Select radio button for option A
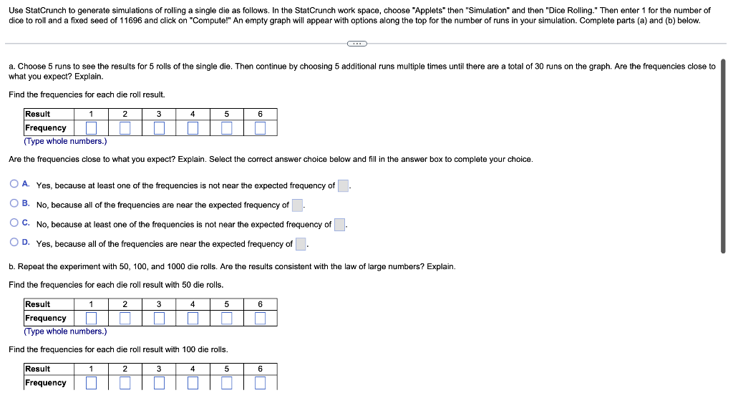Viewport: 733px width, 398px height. (14, 185)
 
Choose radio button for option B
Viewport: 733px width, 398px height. (14, 204)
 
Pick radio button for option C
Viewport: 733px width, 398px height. (14, 223)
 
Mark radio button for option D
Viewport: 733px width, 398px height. (14, 243)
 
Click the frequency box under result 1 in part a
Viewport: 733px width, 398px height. (91, 128)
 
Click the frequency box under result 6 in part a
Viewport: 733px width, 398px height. (260, 128)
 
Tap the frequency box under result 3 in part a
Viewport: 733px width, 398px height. (159, 128)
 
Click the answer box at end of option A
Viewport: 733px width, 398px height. (343, 186)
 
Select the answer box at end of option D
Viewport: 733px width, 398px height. (301, 244)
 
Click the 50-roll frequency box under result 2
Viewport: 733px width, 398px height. (125, 318)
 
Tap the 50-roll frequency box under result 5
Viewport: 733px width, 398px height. (226, 318)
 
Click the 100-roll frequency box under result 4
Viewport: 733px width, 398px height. (193, 383)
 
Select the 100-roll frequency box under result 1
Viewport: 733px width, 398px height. (91, 383)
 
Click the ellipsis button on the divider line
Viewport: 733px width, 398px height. (356, 44)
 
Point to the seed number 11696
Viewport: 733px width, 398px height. (132, 20)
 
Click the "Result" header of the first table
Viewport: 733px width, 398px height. (38, 114)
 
